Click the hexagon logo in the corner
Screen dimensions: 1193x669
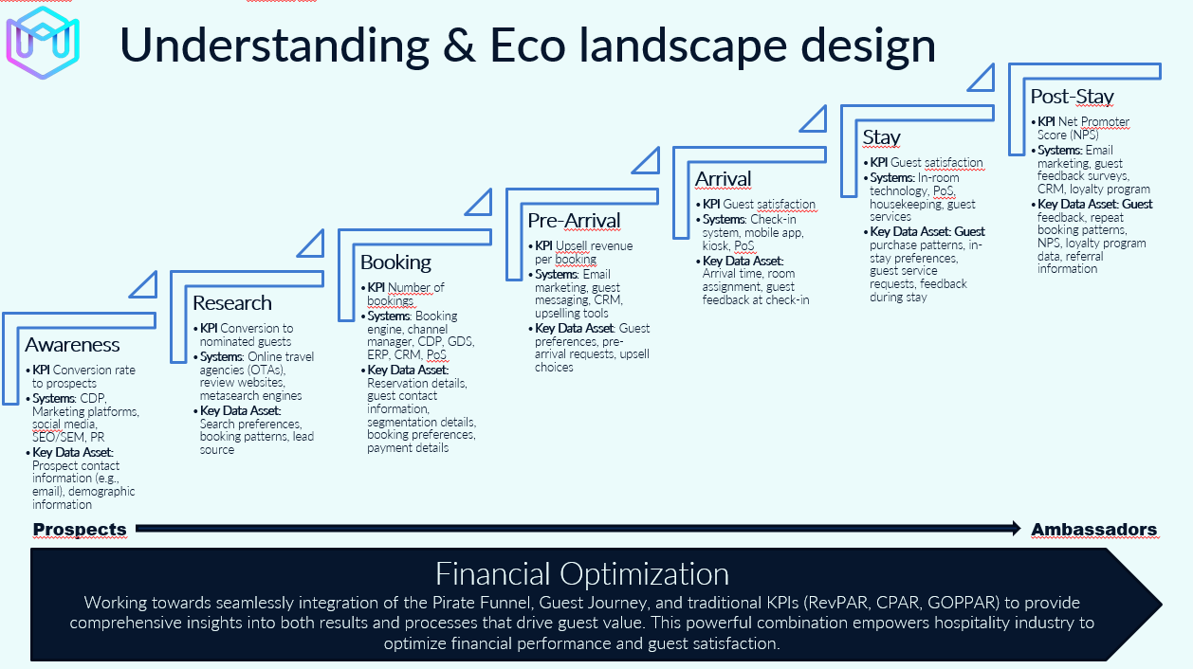pos(43,43)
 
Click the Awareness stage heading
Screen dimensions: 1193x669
pos(72,345)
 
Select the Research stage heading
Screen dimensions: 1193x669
pos(232,303)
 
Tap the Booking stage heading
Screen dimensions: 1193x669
pos(395,262)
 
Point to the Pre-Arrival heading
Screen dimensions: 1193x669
pos(574,221)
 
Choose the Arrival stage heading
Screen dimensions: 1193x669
pos(724,179)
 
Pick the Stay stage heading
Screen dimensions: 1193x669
pos(881,137)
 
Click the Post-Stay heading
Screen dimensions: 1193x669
pos(1073,97)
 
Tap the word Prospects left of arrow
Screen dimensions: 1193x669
pos(80,529)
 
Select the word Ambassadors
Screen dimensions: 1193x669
pos(1094,530)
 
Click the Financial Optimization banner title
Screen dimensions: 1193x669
pos(582,573)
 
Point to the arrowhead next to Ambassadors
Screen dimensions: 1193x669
pos(1016,529)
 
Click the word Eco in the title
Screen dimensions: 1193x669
pos(527,45)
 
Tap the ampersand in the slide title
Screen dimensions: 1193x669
pos(459,45)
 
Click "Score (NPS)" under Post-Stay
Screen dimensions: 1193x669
pos(1068,136)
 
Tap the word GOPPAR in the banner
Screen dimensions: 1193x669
pos(963,603)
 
